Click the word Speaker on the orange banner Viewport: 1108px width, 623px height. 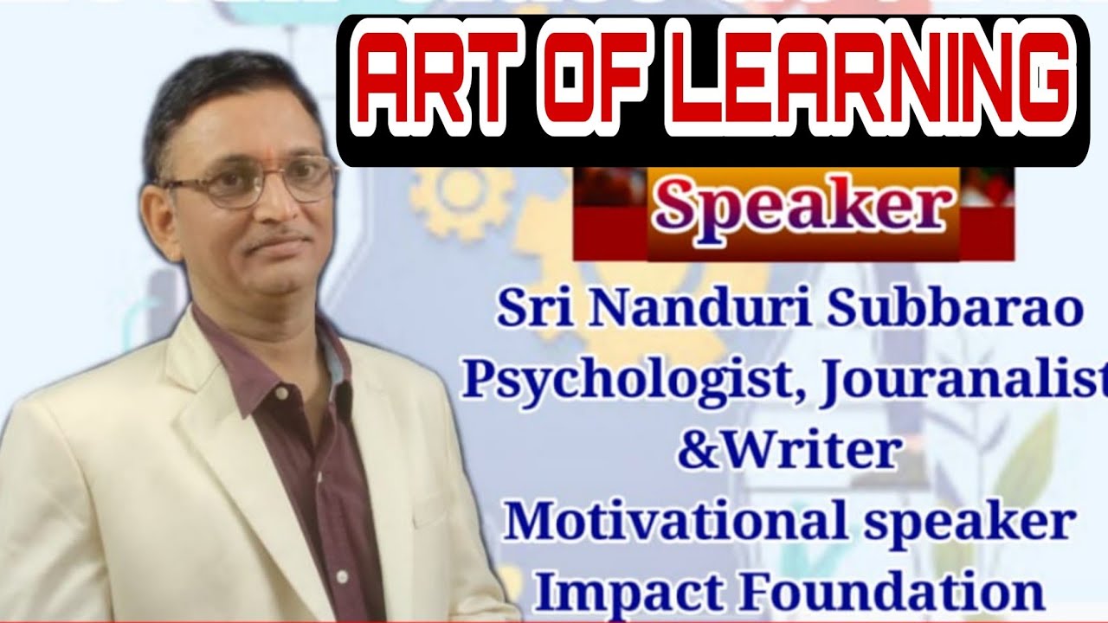802,209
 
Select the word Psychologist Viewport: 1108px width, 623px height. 627,382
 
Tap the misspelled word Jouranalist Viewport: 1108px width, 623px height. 960,382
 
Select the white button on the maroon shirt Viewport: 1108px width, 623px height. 281,395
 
